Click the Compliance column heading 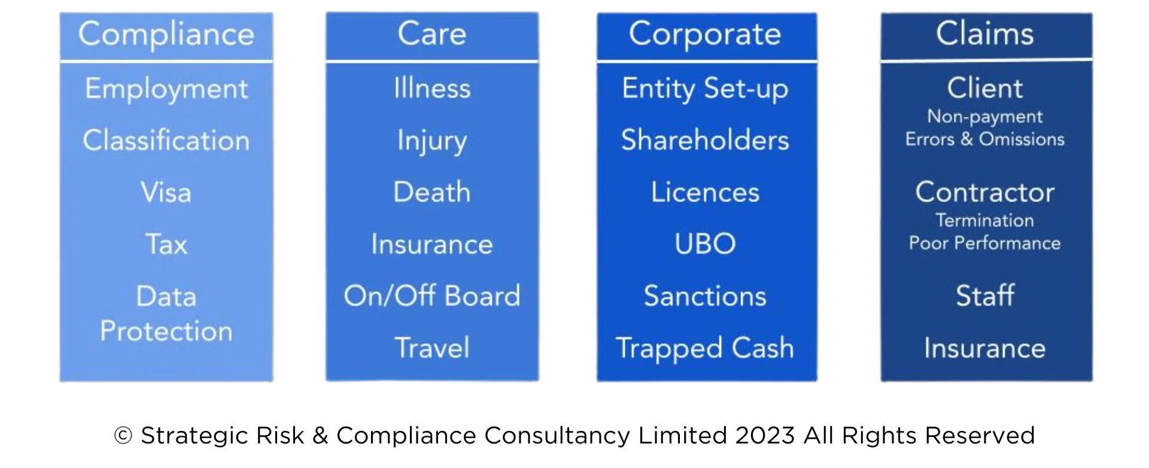point(166,34)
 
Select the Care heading point(431,34)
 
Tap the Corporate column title point(705,34)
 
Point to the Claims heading point(984,34)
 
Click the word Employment point(166,89)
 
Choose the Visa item point(166,192)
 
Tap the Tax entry point(166,244)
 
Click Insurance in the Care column point(431,244)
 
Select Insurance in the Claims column point(984,348)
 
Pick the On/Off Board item point(431,296)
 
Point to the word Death point(431,192)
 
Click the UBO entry point(705,244)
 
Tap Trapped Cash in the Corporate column point(705,348)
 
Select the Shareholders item point(705,140)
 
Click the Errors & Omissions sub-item point(984,139)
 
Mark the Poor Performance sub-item point(984,243)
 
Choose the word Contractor point(984,192)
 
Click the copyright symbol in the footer point(123,436)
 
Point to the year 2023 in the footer point(765,436)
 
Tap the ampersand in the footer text point(320,436)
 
